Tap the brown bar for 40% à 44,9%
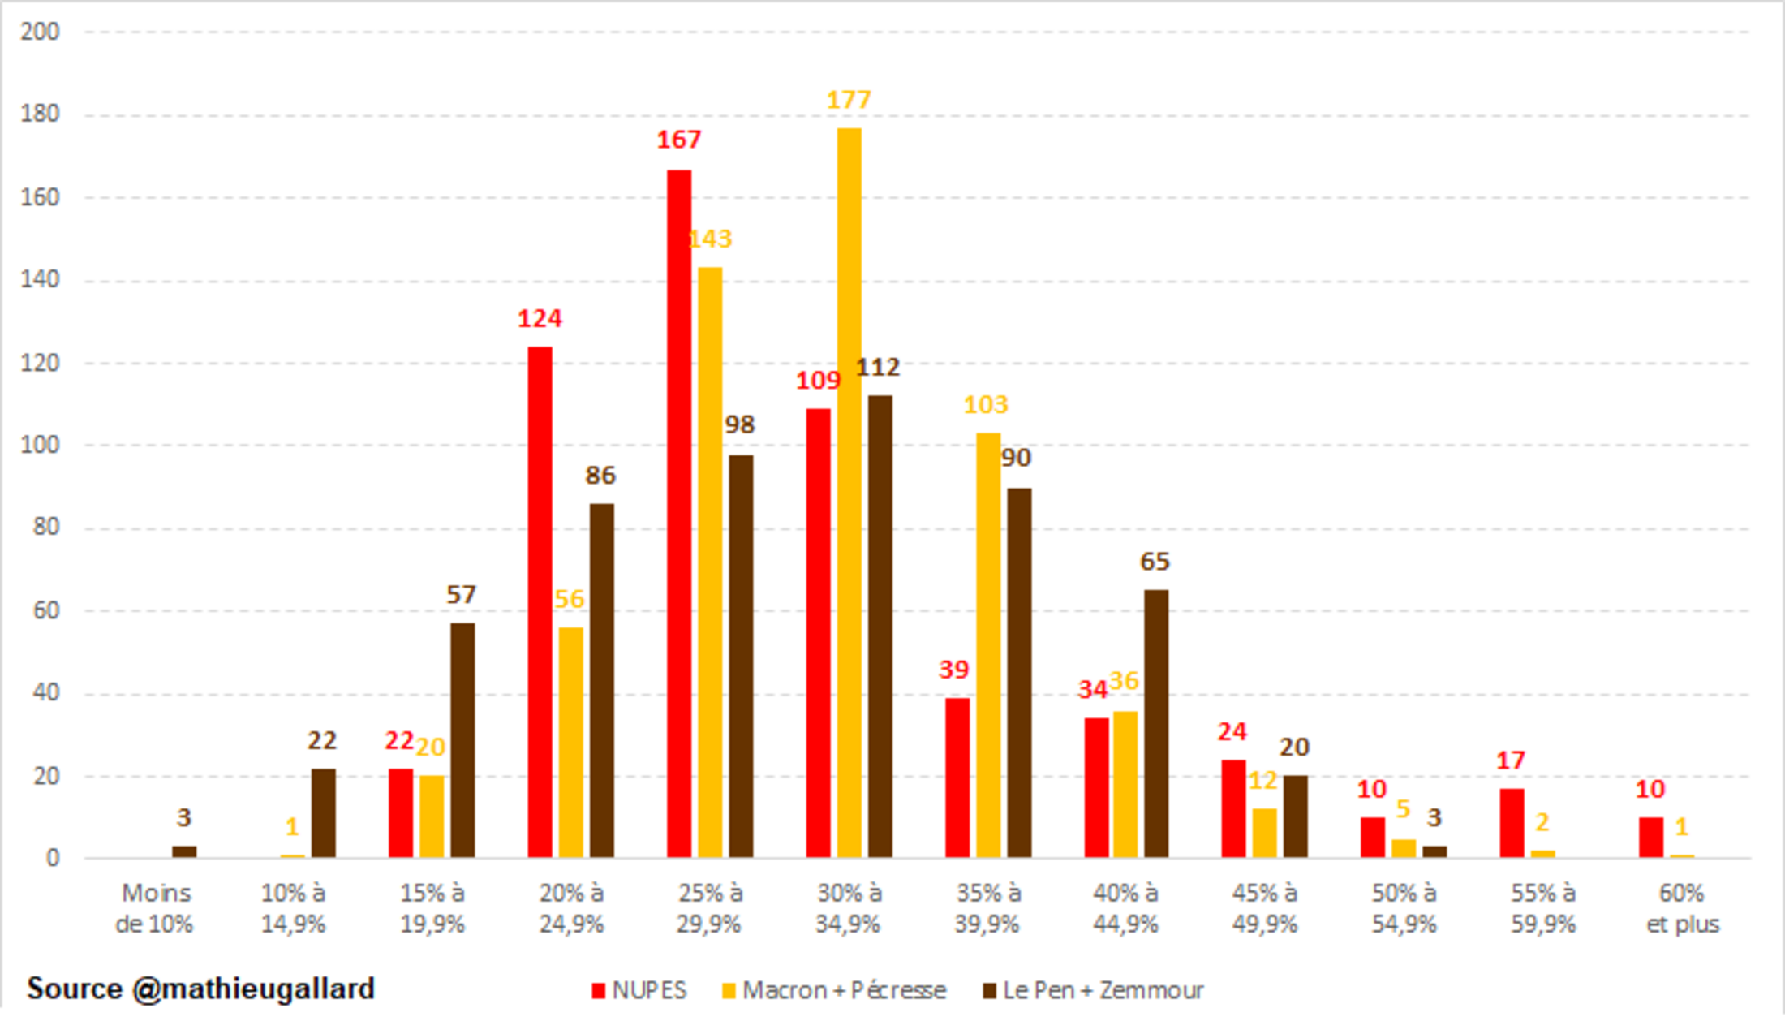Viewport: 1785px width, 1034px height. [1156, 723]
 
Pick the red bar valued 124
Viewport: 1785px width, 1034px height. [540, 601]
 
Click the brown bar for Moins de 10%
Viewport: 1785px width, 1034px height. [184, 851]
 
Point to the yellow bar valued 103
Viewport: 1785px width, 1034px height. [987, 644]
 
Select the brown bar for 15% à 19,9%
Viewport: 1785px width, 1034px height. [462, 739]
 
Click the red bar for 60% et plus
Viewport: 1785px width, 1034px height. [1650, 837]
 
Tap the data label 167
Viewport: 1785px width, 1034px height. [678, 140]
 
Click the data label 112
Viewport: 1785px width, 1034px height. [878, 368]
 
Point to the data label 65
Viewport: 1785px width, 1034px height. [1155, 562]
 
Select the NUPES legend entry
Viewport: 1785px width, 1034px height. [640, 990]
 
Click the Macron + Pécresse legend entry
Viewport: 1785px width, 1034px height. [834, 990]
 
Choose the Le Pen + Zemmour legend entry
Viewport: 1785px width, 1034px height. [1094, 990]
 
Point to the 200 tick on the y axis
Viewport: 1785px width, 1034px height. [41, 32]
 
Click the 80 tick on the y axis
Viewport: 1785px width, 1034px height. [45, 527]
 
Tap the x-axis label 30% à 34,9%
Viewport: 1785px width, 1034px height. [849, 908]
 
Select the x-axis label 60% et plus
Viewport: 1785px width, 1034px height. [1683, 908]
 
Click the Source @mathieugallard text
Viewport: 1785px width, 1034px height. [201, 989]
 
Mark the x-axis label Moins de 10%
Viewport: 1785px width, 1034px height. [155, 908]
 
